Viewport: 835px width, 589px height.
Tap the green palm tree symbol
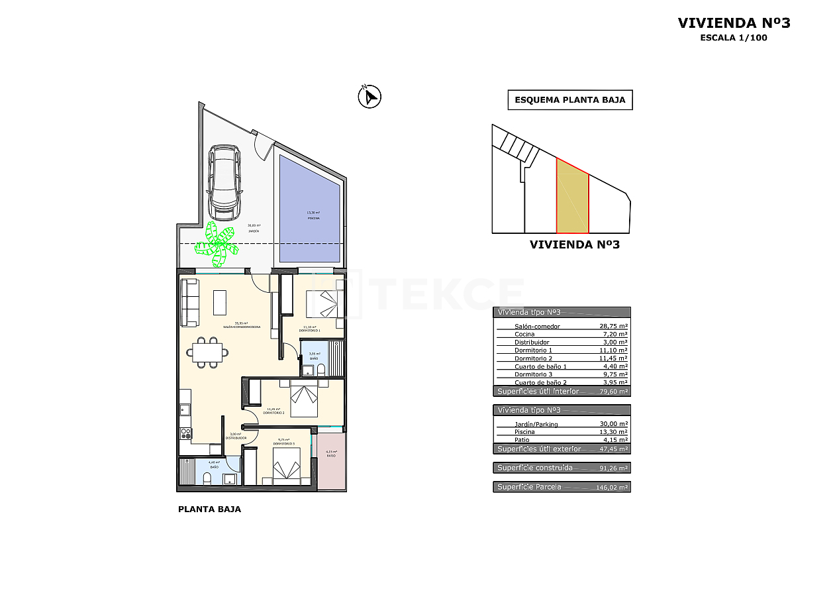[217, 241]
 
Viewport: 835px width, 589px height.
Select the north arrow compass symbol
[369, 97]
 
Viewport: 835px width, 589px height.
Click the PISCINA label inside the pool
[313, 218]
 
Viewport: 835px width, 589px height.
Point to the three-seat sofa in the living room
[190, 302]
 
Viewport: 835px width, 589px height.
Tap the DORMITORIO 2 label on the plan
[273, 413]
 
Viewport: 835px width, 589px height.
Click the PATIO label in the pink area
[331, 456]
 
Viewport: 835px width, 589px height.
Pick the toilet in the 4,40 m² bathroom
[207, 478]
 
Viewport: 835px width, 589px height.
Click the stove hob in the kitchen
[186, 433]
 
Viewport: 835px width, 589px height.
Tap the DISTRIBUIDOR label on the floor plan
[236, 438]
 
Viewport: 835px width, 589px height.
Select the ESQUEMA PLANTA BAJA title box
[570, 100]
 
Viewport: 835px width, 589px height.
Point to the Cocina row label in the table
[524, 334]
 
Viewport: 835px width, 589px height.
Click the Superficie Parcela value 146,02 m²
[612, 487]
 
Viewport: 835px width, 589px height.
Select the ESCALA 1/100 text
[734, 38]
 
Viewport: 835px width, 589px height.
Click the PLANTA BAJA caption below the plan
[209, 509]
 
